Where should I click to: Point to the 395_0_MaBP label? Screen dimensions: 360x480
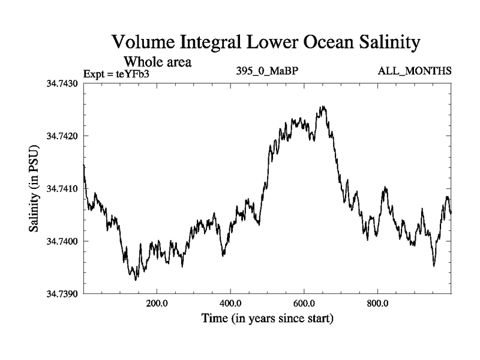click(267, 71)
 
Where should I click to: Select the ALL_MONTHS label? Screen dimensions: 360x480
click(414, 71)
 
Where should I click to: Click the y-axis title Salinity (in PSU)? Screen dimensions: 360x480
click(34, 188)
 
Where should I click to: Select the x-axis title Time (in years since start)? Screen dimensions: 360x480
click(267, 318)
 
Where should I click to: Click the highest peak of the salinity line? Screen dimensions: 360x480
click(323, 107)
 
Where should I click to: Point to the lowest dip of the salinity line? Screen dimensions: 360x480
click(136, 280)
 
